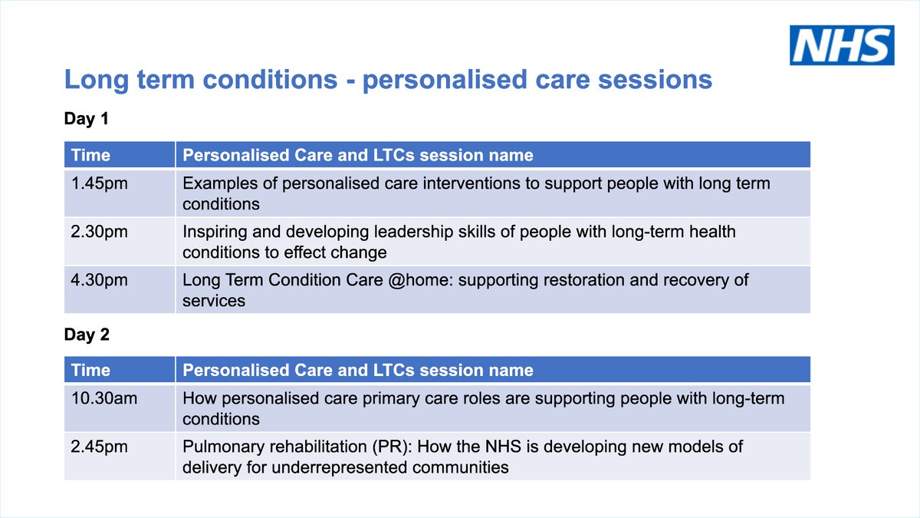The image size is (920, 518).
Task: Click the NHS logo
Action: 842,45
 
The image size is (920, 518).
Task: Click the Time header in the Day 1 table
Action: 90,155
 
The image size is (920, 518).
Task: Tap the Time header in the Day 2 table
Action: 90,370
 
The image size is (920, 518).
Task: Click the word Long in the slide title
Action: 90,80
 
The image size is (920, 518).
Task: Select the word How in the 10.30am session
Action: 199,399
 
